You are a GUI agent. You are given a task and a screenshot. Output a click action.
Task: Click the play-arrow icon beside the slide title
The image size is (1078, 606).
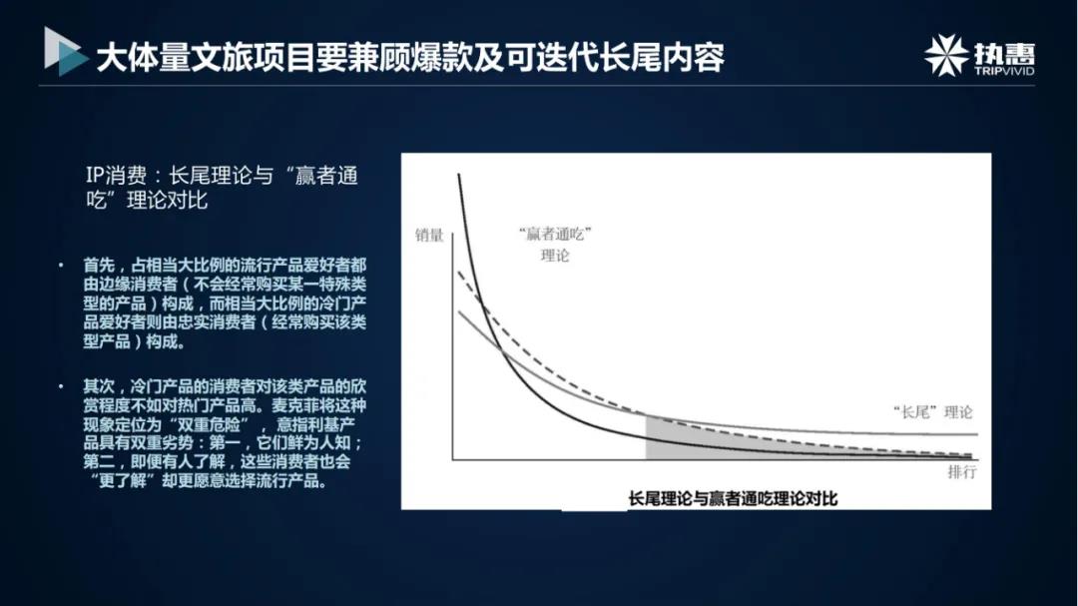pyautogui.click(x=66, y=52)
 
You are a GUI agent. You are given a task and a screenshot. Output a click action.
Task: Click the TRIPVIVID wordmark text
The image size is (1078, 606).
pyautogui.click(x=1003, y=71)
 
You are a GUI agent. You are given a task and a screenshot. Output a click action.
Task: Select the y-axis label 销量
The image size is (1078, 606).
pyautogui.click(x=429, y=237)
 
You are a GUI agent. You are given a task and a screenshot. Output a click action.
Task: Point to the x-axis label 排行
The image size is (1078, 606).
pyautogui.click(x=961, y=472)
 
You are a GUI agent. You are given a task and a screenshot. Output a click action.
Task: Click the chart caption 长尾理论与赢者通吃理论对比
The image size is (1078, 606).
pyautogui.click(x=733, y=496)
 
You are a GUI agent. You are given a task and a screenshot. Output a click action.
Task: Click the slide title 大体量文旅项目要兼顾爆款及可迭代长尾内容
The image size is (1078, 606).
pyautogui.click(x=409, y=57)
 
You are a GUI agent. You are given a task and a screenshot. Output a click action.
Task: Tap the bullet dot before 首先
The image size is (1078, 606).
pyautogui.click(x=61, y=266)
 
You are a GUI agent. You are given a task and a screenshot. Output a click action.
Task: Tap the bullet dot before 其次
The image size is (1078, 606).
pyautogui.click(x=61, y=385)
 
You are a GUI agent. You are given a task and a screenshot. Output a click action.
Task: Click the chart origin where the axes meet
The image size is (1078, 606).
pyautogui.click(x=453, y=459)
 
